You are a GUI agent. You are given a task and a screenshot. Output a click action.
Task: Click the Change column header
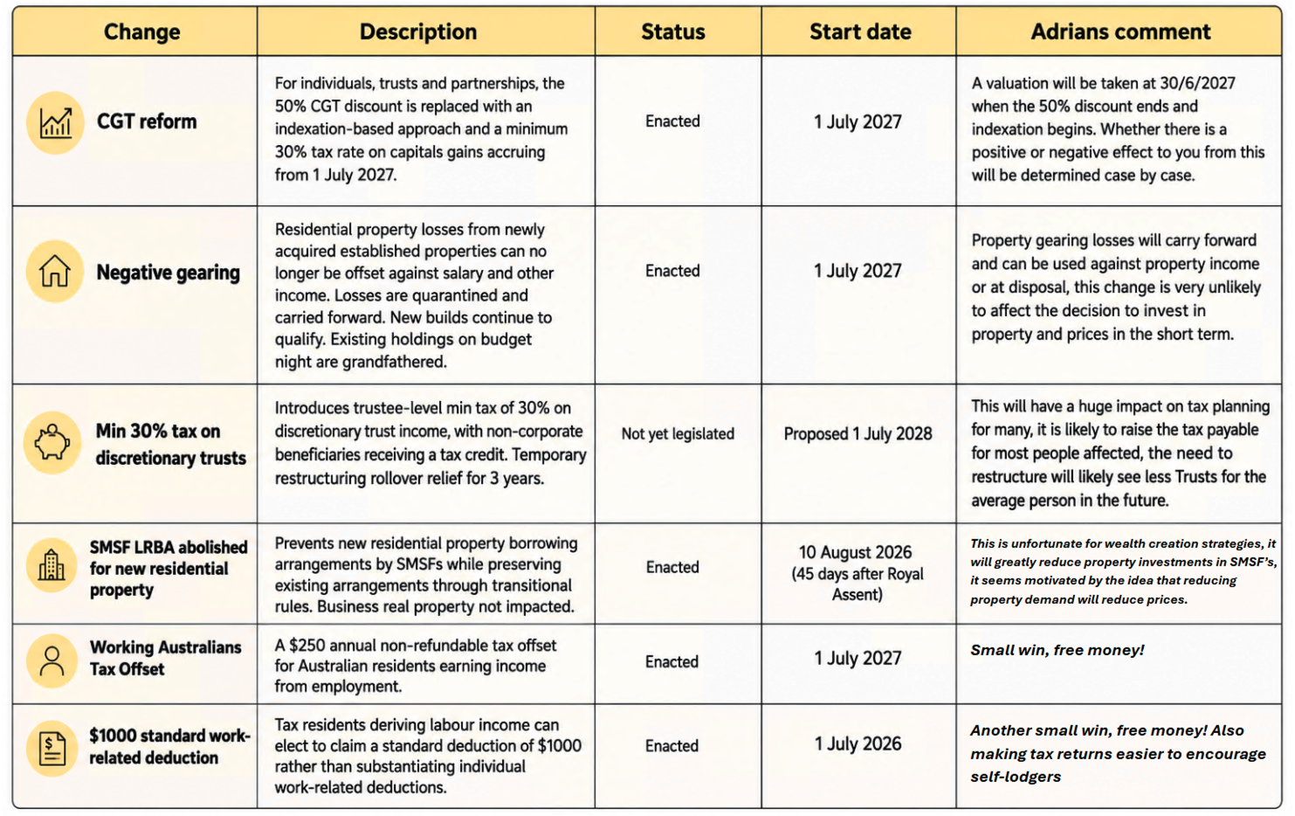click(141, 31)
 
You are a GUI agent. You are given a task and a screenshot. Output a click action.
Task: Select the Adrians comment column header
click(1119, 31)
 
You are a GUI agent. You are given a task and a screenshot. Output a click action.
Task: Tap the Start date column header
click(859, 31)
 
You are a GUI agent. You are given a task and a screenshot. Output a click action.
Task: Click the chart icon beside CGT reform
click(56, 122)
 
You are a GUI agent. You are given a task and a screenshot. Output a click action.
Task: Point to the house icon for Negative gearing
click(55, 271)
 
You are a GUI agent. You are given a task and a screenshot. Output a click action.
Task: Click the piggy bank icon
click(52, 442)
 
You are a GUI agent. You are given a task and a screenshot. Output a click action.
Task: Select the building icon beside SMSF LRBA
click(52, 565)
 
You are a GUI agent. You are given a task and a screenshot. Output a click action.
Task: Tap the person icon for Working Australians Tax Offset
click(52, 661)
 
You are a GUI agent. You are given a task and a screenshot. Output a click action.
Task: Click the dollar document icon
click(52, 748)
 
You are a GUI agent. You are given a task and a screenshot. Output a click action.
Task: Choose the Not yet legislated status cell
click(678, 433)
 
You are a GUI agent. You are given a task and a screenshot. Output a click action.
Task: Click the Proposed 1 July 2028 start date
click(858, 433)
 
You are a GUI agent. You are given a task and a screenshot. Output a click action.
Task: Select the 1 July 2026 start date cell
click(858, 743)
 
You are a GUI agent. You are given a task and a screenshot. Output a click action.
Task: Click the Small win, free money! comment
click(1057, 650)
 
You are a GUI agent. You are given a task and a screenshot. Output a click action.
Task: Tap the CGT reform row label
click(147, 121)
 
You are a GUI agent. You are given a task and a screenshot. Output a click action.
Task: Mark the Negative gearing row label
click(169, 272)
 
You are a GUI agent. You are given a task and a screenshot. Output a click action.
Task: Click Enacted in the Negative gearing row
click(672, 271)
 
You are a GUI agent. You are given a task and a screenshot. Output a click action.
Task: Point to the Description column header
click(418, 31)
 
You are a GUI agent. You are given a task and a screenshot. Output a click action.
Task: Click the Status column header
click(673, 31)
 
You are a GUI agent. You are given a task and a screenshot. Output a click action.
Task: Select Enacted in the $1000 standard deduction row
click(672, 745)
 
